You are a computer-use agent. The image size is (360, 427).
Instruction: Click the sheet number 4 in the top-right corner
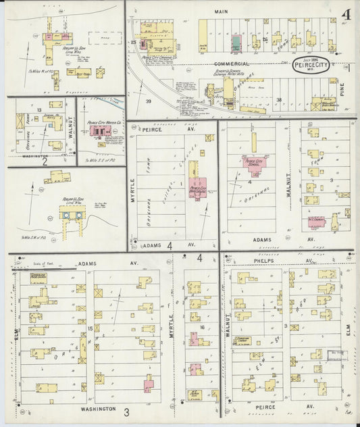coord(345,14)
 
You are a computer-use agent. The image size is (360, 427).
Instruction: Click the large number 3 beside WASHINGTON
coord(126,411)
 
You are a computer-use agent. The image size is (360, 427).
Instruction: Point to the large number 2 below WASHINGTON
coord(44,161)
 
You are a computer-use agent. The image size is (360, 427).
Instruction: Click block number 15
coord(88,328)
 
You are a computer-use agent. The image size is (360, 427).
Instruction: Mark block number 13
coord(40,109)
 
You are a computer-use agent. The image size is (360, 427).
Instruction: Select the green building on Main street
coord(236,45)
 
